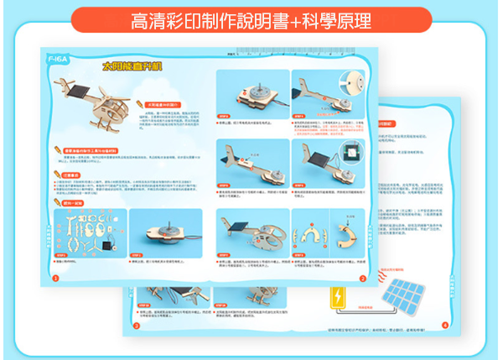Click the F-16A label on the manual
(60, 60)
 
